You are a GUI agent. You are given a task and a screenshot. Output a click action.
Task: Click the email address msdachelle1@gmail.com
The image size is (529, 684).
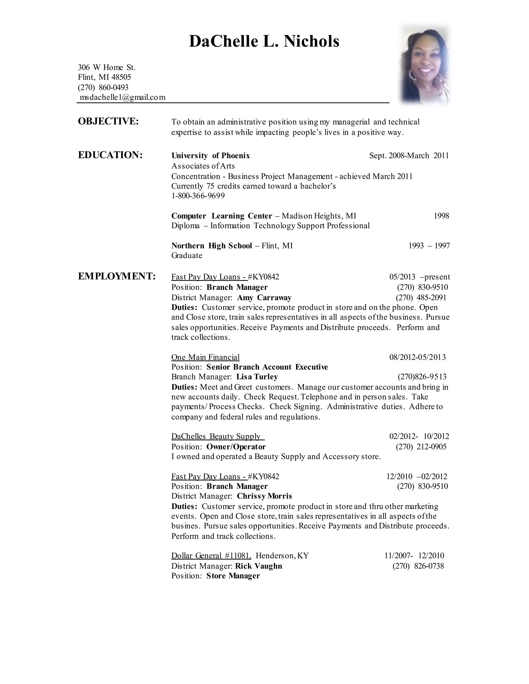click(122, 97)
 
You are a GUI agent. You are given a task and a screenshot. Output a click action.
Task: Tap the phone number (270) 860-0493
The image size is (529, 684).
click(103, 87)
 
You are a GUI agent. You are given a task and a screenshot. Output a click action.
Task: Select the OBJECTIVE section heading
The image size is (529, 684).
click(108, 122)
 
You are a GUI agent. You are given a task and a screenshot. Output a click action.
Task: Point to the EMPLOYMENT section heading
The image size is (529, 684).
click(116, 276)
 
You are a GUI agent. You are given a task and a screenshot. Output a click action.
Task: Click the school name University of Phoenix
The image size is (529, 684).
click(211, 156)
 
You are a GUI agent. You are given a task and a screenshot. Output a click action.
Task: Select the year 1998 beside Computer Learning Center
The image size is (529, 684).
click(441, 216)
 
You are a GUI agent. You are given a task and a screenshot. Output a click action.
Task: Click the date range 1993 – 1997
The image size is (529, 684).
click(429, 245)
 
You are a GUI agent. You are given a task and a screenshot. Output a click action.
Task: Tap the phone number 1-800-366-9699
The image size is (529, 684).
click(198, 196)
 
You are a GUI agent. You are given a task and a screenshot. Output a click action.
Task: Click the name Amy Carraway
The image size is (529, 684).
click(264, 298)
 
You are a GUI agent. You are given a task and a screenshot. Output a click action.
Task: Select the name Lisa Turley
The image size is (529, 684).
click(257, 377)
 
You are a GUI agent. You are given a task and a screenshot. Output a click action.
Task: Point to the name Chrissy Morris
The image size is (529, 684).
click(264, 496)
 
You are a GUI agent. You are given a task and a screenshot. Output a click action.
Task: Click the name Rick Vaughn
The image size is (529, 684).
click(259, 566)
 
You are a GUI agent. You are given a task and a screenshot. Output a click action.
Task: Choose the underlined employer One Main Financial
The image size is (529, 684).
click(205, 357)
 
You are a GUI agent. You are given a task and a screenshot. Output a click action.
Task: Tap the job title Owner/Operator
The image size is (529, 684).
click(236, 447)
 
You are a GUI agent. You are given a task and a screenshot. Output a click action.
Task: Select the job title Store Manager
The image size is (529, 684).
click(233, 576)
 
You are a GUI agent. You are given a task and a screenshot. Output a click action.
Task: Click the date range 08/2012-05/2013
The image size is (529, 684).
click(417, 357)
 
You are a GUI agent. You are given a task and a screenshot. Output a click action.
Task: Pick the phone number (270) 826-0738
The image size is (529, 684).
click(418, 566)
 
